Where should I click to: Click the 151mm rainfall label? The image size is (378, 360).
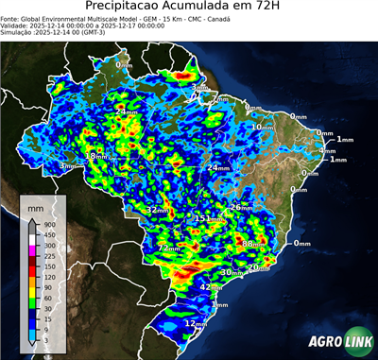click(208, 219)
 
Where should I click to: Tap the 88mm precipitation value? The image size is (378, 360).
click(253, 245)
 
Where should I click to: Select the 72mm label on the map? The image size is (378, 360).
click(168, 249)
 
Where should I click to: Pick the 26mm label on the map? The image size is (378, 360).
click(242, 207)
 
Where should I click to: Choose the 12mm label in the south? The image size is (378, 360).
click(196, 324)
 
